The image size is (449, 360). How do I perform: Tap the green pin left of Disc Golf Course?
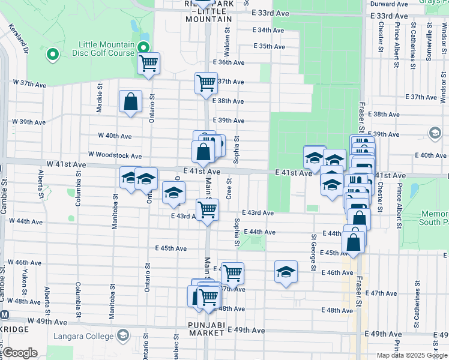(53, 55)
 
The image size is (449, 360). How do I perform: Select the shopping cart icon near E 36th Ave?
(148, 63)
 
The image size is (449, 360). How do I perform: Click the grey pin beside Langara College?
(124, 334)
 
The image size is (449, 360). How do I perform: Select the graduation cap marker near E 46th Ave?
(286, 272)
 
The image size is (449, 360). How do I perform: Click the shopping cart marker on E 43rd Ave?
(207, 211)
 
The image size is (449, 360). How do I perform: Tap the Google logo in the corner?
(20, 353)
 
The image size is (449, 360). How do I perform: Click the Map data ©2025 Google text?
(412, 355)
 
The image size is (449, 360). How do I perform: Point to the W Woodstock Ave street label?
(115, 156)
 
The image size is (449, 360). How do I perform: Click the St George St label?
(313, 253)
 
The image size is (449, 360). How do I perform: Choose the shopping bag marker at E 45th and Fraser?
(354, 242)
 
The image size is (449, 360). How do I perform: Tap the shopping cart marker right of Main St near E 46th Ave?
(232, 273)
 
